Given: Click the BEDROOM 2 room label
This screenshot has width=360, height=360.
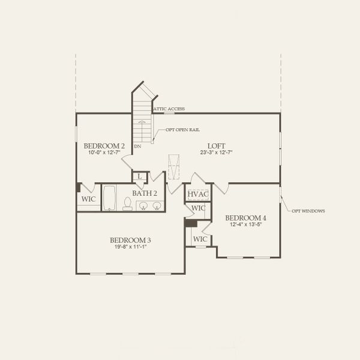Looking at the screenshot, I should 104,146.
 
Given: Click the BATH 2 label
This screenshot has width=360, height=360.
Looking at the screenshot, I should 145,193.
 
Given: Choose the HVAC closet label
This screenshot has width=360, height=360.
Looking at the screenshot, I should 197,194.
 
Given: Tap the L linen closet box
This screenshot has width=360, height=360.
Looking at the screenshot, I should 140,176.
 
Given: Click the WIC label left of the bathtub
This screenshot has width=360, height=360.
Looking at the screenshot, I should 89,199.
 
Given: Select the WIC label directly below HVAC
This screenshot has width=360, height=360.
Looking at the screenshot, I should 199,208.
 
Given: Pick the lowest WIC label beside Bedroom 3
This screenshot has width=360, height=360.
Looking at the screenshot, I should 200,239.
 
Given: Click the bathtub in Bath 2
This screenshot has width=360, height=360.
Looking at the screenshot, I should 109,198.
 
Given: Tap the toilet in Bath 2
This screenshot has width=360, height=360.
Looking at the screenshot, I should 127,205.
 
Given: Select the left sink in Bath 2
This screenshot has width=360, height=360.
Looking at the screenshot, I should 143,206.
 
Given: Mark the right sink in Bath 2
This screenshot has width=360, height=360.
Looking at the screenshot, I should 157,206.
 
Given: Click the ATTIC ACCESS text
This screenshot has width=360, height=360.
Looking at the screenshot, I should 169,109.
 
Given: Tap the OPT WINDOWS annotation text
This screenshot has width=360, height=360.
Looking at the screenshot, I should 308,211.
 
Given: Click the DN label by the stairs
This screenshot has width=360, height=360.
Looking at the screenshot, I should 137,146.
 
